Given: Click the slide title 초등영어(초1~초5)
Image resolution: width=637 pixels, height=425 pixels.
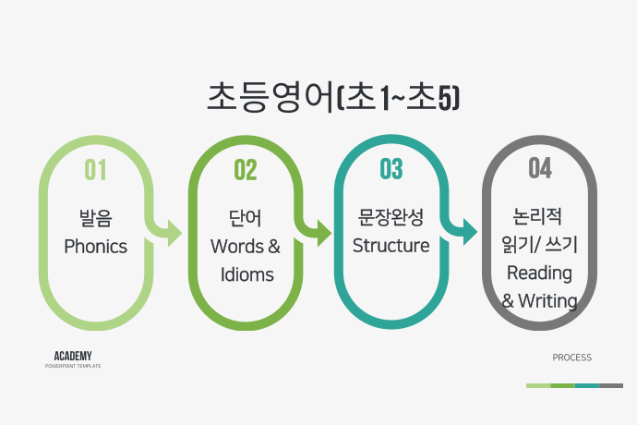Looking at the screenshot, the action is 333,97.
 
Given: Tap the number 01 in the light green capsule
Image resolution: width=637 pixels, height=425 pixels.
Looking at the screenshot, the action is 95,170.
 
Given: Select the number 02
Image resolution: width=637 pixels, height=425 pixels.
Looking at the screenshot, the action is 246,170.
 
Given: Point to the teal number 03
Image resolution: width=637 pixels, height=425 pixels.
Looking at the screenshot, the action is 391,169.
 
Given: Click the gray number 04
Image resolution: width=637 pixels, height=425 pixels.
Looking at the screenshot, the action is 540,168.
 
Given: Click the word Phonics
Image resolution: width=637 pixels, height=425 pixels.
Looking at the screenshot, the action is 95,247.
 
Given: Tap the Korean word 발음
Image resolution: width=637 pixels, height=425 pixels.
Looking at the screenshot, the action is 95,218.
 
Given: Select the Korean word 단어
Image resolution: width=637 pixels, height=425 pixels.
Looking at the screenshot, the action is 245,218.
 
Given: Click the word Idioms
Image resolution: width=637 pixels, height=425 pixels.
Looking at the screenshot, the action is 247,274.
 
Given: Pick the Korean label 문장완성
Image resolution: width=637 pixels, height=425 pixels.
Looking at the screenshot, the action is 391,217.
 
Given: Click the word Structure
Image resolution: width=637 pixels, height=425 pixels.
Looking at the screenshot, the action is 391,246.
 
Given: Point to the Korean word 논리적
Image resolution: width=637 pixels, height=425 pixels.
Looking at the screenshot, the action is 537,216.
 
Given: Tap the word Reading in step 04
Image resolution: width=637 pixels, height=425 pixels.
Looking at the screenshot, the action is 539,273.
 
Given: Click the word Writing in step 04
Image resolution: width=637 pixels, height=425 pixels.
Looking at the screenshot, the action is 547,301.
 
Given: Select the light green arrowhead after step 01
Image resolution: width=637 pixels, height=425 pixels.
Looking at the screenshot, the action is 174,234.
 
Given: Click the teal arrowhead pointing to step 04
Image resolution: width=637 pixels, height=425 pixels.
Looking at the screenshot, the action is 471,232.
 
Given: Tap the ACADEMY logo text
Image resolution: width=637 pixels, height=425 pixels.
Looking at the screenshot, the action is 73,356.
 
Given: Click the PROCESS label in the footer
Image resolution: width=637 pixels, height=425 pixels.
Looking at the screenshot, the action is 572,358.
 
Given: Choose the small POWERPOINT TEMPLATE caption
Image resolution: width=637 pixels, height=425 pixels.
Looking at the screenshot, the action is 73,366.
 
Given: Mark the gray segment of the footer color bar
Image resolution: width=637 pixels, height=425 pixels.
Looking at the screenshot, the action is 611,385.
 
